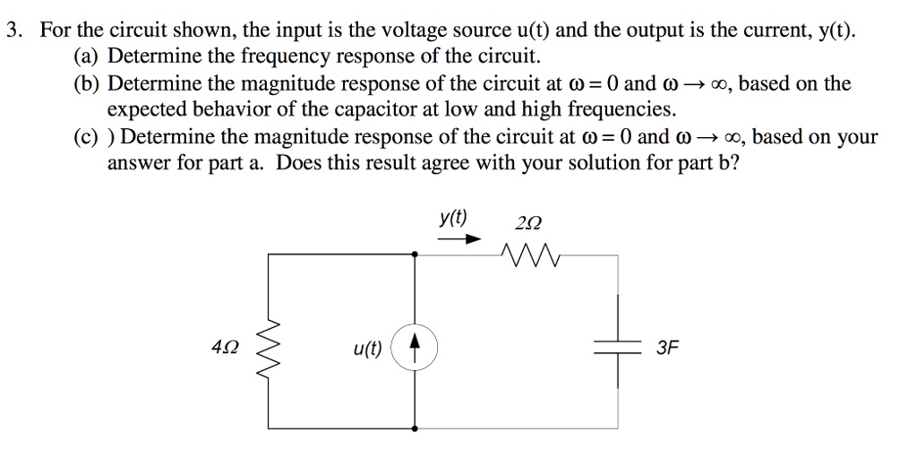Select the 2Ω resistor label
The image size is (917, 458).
tap(529, 223)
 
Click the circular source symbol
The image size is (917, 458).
tap(414, 347)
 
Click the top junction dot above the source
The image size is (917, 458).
tap(414, 255)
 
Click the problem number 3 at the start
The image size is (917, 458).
tap(12, 33)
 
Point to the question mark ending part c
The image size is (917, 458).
tap(735, 164)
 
